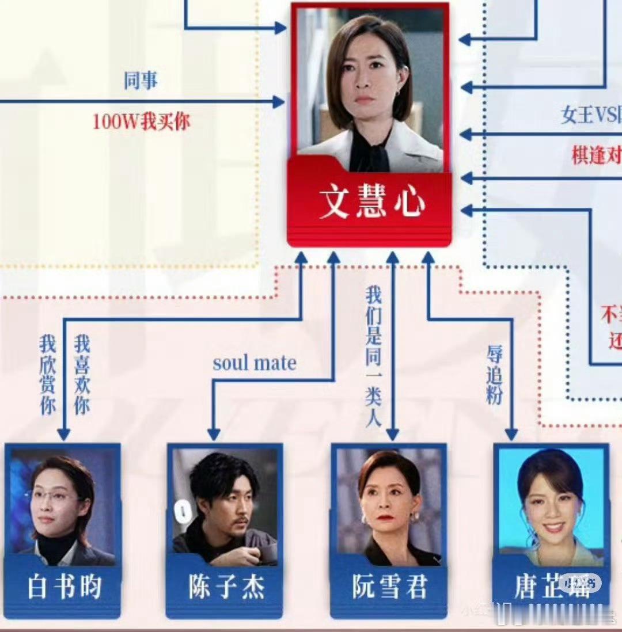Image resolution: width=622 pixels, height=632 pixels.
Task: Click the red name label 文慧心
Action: (371, 202)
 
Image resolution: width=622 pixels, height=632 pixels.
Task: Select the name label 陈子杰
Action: (226, 587)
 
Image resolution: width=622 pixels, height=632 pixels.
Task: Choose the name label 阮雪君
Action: (390, 587)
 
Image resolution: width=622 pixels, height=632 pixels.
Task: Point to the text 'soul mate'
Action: (255, 363)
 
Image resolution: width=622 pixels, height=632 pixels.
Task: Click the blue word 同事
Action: (141, 81)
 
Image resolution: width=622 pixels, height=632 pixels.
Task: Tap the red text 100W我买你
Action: (141, 121)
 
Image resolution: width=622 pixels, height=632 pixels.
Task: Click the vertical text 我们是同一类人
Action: (373, 357)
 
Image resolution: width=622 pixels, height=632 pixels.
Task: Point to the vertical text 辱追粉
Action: (494, 374)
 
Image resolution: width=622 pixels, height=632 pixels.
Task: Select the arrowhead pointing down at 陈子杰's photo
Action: (214, 435)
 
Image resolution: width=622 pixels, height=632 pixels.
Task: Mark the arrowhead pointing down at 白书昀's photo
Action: (64, 435)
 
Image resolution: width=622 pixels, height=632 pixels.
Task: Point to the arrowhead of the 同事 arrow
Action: (280, 102)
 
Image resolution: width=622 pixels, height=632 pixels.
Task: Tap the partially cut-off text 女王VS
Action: (590, 115)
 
